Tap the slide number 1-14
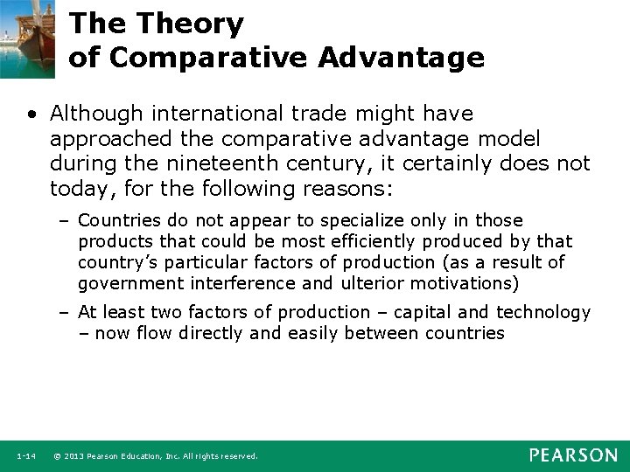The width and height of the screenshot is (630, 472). tap(25, 456)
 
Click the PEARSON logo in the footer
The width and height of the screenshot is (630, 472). tap(572, 455)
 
